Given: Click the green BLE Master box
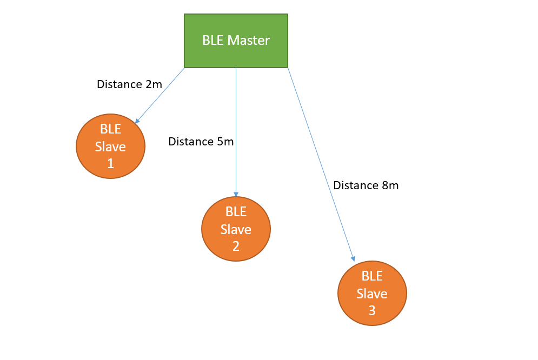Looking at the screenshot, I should (236, 41).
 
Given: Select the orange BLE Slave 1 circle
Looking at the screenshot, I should (111, 146).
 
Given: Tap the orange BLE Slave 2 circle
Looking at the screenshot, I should (236, 229).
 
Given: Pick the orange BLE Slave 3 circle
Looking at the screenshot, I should (372, 293).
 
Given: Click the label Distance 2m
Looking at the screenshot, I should (129, 84).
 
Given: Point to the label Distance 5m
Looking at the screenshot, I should (201, 142).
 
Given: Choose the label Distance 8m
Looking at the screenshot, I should (366, 185).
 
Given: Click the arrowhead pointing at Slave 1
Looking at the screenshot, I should (137, 121).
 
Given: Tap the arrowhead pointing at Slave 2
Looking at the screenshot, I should (236, 194).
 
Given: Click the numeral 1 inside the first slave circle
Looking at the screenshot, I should (111, 163).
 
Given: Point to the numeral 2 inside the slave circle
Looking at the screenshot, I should (236, 246).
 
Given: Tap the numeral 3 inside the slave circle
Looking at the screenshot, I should (372, 311).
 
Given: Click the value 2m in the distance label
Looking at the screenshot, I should (154, 84).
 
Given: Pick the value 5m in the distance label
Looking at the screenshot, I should (225, 142).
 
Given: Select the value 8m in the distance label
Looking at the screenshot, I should (390, 185).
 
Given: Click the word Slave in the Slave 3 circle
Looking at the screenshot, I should (372, 294).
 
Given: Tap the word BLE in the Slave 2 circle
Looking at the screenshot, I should (236, 211).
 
